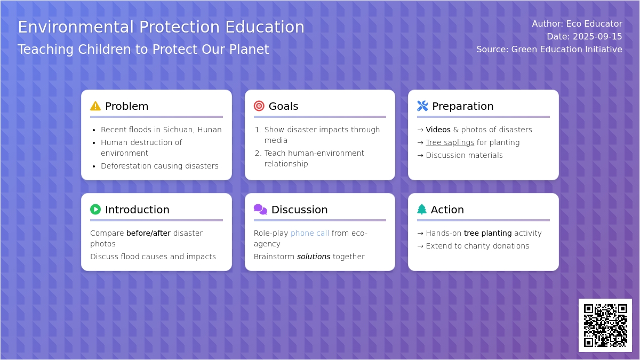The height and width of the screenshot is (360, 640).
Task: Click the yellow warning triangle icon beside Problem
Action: [x=95, y=106]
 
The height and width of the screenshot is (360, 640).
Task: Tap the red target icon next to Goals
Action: [x=259, y=106]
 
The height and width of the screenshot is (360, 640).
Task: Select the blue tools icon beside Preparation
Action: [x=422, y=106]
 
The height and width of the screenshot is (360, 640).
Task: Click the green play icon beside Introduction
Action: [x=95, y=210]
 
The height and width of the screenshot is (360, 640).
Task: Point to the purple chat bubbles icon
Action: [x=260, y=210]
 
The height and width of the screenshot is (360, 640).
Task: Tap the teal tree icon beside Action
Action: [x=422, y=210]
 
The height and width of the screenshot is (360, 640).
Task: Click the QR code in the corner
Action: [x=605, y=325]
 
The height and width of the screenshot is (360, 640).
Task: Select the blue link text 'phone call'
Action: [x=310, y=233]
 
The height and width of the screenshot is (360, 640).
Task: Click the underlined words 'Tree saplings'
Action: [x=450, y=142]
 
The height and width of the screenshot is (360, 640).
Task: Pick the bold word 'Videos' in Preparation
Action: [x=438, y=130]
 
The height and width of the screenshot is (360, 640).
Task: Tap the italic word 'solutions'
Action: [x=314, y=257]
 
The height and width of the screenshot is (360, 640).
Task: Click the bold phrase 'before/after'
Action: [x=149, y=233]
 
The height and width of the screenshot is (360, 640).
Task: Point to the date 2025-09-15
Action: [x=597, y=37]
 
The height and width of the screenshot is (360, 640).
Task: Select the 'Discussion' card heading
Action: [x=299, y=210]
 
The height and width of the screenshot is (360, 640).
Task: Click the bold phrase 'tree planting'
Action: [x=487, y=233]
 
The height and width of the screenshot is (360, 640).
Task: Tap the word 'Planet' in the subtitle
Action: [x=249, y=49]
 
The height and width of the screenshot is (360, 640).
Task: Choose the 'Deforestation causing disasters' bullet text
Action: [x=159, y=166]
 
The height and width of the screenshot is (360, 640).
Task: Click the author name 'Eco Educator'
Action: [x=594, y=23]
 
